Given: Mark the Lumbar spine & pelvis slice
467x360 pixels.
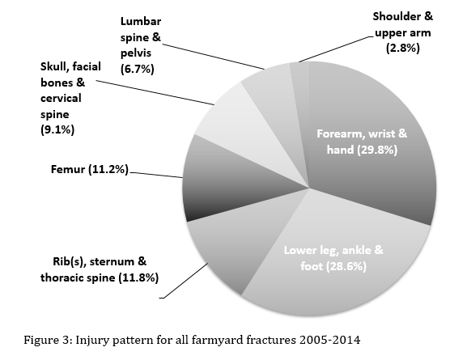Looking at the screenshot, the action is click(x=275, y=98).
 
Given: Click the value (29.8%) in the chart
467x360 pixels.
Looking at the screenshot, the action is click(x=377, y=150).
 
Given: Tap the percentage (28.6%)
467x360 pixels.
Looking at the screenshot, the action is click(x=346, y=266).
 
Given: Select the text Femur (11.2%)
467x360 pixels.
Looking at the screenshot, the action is click(x=89, y=169).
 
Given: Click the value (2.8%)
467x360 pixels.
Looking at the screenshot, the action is click(x=403, y=48).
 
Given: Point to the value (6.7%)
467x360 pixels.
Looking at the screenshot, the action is click(x=138, y=69).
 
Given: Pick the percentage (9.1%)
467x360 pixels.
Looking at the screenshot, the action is click(x=57, y=129).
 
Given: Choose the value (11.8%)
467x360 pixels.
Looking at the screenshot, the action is click(x=138, y=277).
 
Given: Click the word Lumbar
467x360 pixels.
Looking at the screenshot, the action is click(x=141, y=22).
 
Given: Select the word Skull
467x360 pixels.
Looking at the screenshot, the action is click(x=54, y=66).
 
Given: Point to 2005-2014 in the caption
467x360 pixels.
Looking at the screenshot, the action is click(x=329, y=340).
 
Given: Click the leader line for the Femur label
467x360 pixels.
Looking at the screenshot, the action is click(x=156, y=175).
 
